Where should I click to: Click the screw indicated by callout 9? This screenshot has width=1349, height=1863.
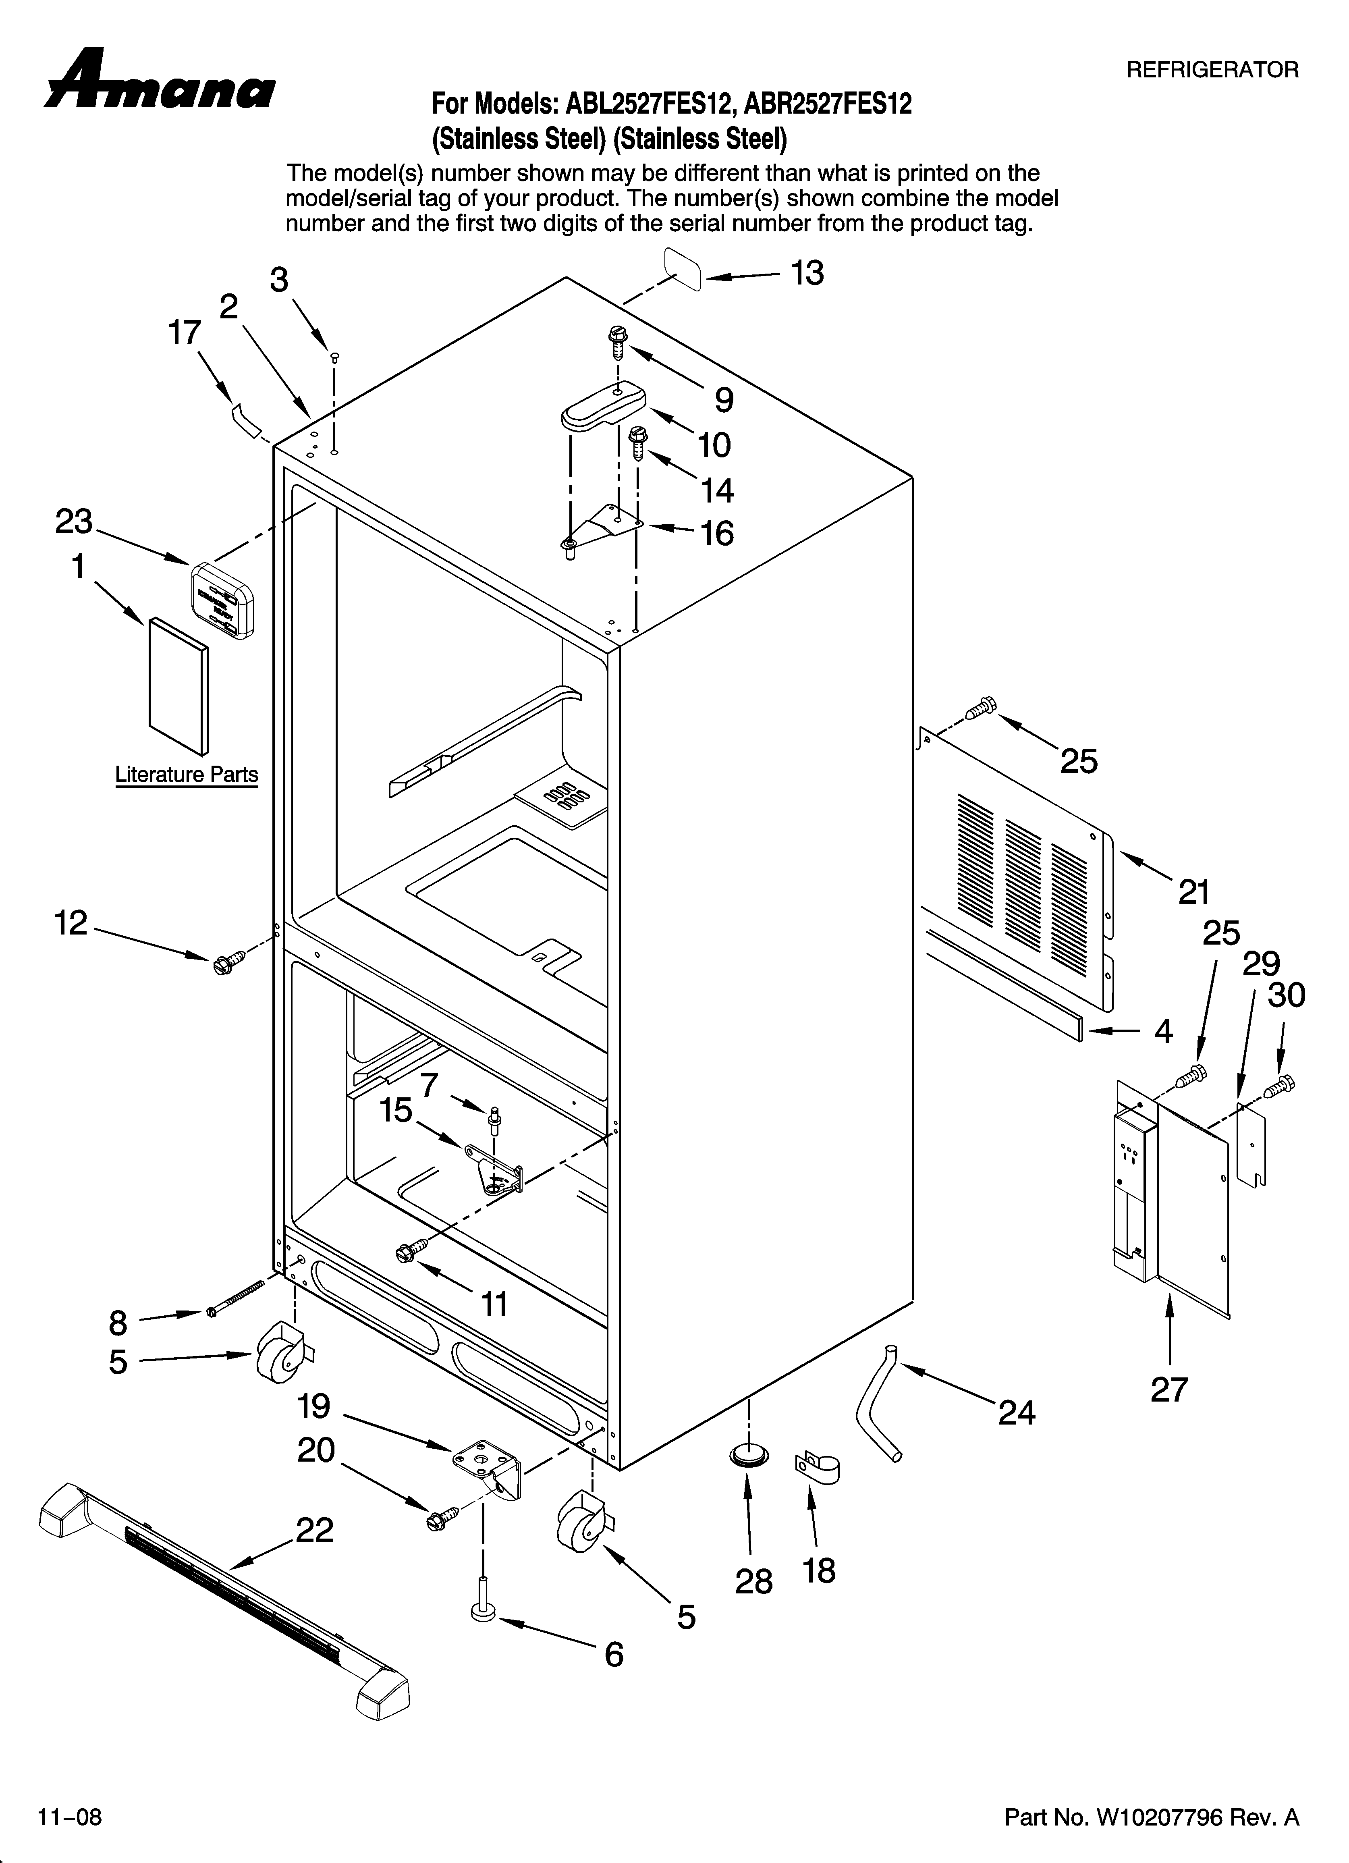pos(618,341)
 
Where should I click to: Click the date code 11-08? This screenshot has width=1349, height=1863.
pos(70,1816)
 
